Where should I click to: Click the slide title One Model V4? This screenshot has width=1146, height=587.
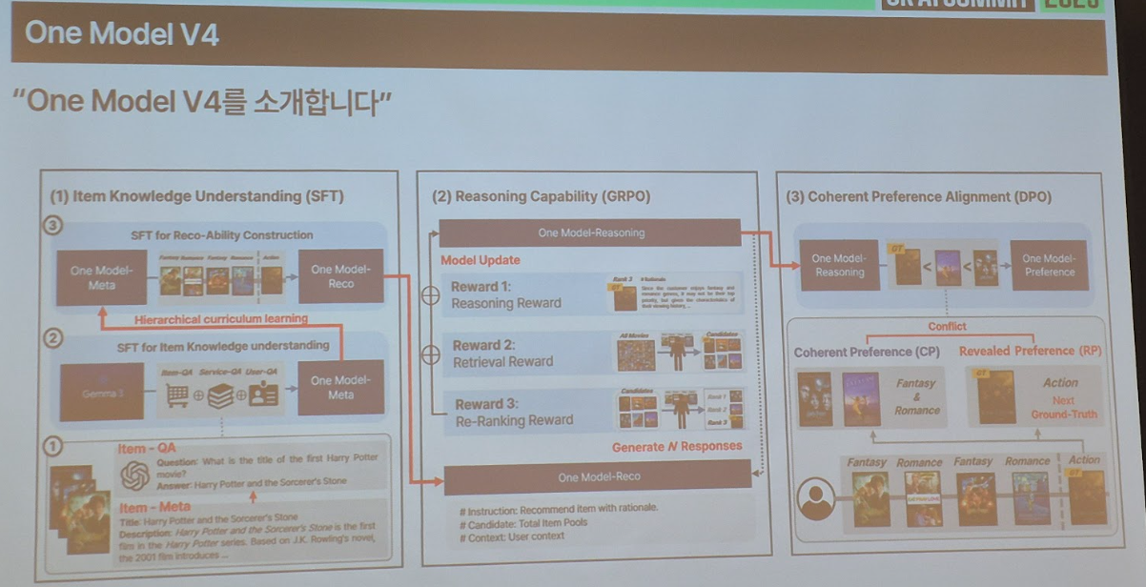(x=122, y=35)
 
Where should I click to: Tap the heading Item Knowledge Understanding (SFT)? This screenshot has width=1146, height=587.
(x=196, y=196)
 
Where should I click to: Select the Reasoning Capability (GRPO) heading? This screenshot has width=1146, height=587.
(x=541, y=197)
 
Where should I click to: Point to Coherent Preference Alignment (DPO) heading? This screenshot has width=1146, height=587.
(x=918, y=197)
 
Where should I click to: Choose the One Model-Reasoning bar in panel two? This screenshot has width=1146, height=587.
(x=590, y=233)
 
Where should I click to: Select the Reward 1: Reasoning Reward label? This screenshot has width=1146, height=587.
(x=506, y=295)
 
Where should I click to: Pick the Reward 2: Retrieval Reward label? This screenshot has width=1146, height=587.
(x=502, y=354)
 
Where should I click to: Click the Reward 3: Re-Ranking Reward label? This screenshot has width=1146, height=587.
(x=514, y=412)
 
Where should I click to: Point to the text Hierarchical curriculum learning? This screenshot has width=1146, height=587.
(x=221, y=319)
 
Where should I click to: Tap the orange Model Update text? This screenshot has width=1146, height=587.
(x=480, y=260)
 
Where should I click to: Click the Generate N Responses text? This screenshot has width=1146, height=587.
(x=677, y=446)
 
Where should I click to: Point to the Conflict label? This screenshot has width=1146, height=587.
(x=947, y=327)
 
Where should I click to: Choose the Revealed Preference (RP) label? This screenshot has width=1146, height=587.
(x=1030, y=351)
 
